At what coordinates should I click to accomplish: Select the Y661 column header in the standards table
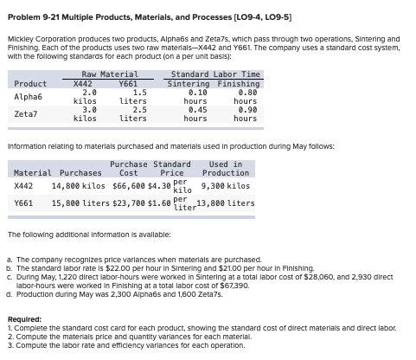pyautogui.click(x=127, y=83)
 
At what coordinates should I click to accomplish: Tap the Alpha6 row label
pyautogui.click(x=29, y=98)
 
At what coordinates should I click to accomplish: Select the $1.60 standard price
pyautogui.click(x=159, y=205)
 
